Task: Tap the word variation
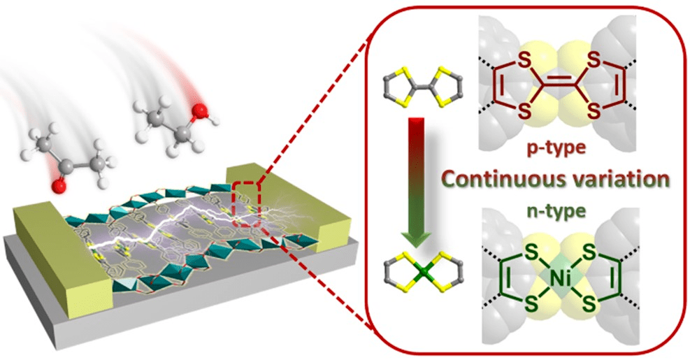613,180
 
